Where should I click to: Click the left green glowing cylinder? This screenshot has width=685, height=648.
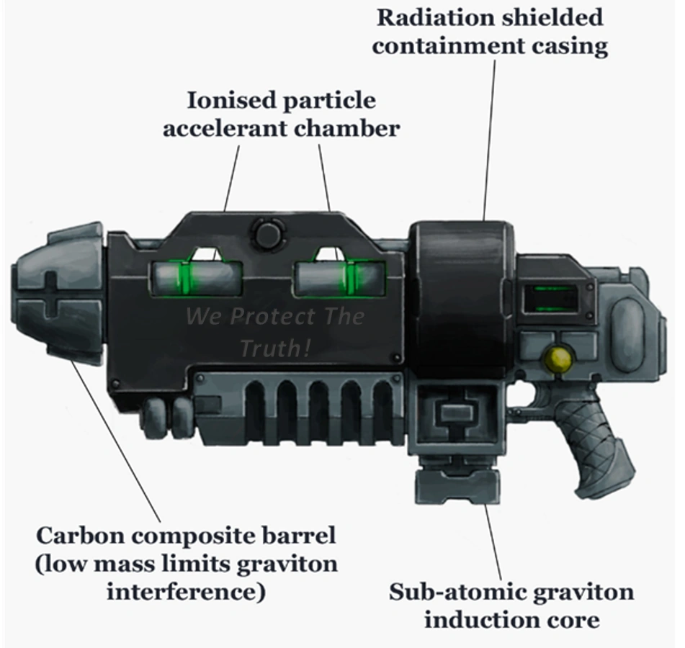pos(195,276)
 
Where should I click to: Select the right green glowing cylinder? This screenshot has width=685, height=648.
pos(339,276)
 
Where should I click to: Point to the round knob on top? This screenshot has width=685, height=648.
pos(267,233)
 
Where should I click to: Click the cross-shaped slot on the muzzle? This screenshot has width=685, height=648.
pos(51,292)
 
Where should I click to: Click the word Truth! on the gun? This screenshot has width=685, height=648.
pos(276,348)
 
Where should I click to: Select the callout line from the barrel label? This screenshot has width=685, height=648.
pos(115,439)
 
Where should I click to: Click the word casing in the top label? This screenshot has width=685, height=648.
pos(566,46)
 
